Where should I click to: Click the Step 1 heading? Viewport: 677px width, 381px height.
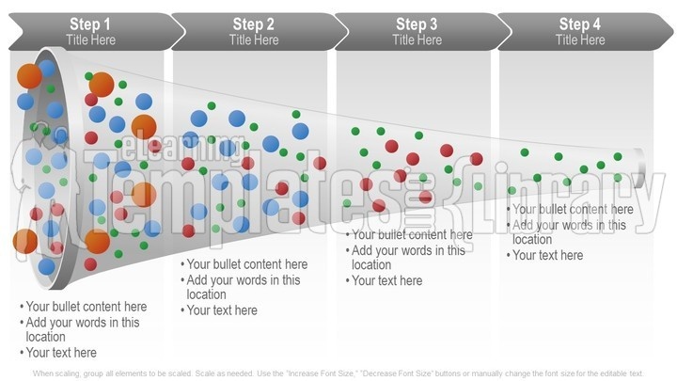pyautogui.click(x=90, y=24)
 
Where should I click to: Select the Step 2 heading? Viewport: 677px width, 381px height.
pyautogui.click(x=254, y=24)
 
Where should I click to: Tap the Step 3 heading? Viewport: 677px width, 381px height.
pyautogui.click(x=417, y=24)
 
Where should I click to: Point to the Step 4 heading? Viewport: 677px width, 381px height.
pyautogui.click(x=580, y=24)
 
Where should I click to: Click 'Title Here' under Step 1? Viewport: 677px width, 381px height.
pyautogui.click(x=90, y=40)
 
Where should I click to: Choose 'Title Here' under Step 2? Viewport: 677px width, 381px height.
pyautogui.click(x=254, y=40)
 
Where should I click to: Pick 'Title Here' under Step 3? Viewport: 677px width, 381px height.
pyautogui.click(x=417, y=40)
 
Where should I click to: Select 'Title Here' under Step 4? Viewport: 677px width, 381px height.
pyautogui.click(x=580, y=40)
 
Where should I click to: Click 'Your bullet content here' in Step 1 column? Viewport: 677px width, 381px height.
pyautogui.click(x=87, y=307)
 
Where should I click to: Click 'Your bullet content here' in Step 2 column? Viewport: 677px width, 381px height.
pyautogui.click(x=247, y=264)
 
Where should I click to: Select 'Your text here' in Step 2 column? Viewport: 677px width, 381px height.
pyautogui.click(x=222, y=310)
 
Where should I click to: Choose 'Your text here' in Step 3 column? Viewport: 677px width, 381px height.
pyautogui.click(x=386, y=280)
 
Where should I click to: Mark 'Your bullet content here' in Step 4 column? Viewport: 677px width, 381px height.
pyautogui.click(x=573, y=210)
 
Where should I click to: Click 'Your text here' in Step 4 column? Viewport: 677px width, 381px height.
pyautogui.click(x=547, y=255)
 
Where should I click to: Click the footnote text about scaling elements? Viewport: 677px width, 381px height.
pyautogui.click(x=338, y=373)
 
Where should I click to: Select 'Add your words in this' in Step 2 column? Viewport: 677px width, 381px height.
pyautogui.click(x=244, y=279)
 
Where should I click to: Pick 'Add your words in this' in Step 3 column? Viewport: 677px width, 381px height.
pyautogui.click(x=408, y=250)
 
